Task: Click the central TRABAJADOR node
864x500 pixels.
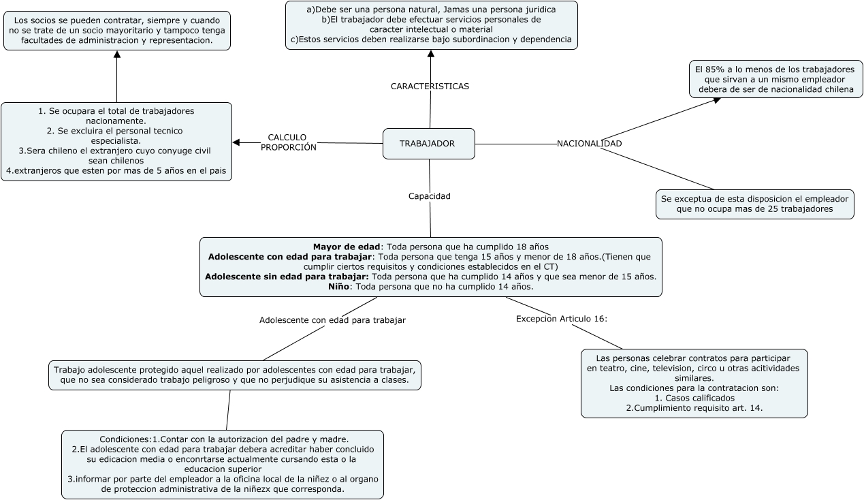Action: pos(428,144)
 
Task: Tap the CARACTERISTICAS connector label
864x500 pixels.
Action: pos(430,87)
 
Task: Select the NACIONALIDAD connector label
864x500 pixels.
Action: pos(589,144)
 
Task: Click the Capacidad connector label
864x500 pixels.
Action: pos(429,196)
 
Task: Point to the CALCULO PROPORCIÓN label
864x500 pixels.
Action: pos(288,142)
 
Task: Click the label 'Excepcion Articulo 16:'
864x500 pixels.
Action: pos(561,319)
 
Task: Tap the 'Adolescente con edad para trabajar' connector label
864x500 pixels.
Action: pos(332,320)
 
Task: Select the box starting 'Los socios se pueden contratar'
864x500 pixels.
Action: pos(116,31)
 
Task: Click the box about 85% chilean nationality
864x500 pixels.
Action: pos(775,80)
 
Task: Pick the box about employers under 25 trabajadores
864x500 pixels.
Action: pos(754,204)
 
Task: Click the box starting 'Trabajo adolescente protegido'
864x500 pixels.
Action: pos(235,375)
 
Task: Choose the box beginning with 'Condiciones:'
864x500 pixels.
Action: pos(223,465)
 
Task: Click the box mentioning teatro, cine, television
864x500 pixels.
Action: pos(694,384)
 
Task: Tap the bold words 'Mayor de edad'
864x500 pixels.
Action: pos(346,247)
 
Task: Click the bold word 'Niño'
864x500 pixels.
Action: pos(338,287)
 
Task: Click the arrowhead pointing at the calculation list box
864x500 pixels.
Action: pos(236,142)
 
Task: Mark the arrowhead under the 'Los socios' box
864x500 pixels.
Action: pos(116,54)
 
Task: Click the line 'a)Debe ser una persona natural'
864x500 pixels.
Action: pos(431,10)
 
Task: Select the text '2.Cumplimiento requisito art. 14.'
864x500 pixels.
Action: pos(694,408)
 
